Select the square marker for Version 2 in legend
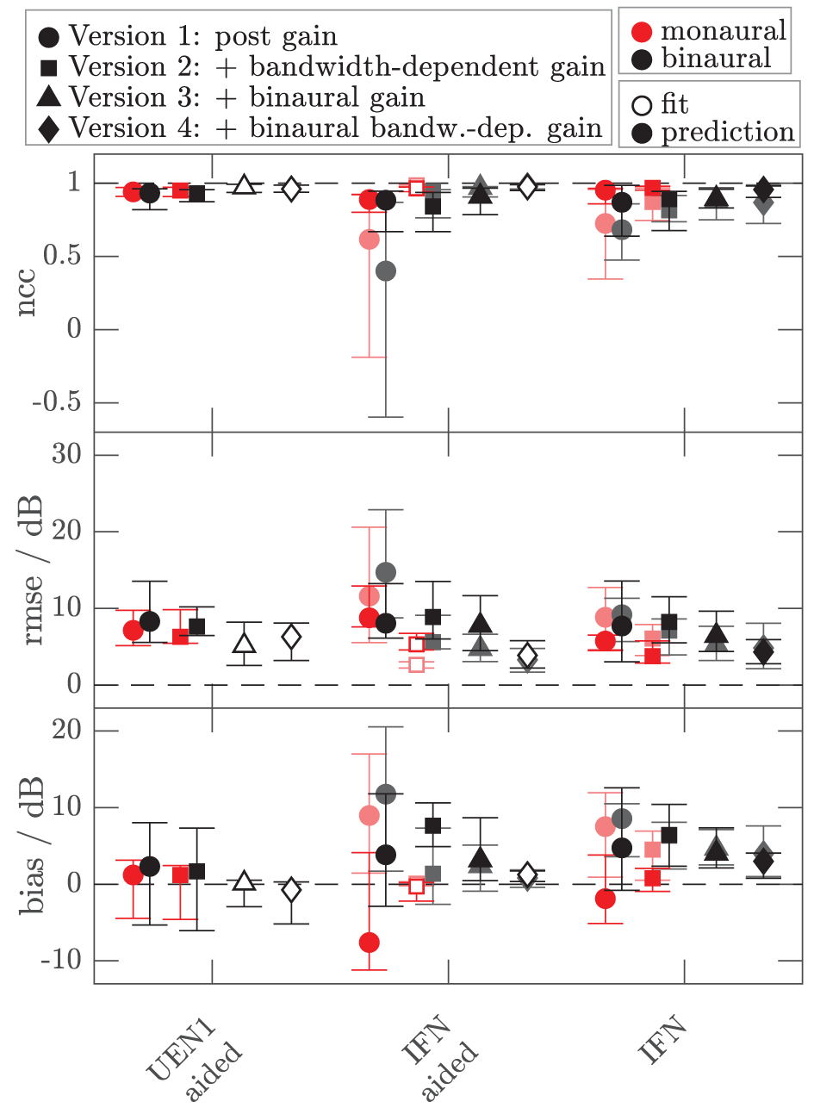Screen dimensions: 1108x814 coord(49,67)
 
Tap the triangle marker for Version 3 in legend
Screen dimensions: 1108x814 coord(49,97)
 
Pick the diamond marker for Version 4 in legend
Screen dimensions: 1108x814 coord(49,128)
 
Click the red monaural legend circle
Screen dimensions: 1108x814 coord(643,32)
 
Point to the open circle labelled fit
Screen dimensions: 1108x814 coord(643,105)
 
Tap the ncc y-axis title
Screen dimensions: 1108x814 coord(27,294)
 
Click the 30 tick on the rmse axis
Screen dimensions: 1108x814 coord(66,455)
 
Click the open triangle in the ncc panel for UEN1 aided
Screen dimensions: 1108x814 coord(244,185)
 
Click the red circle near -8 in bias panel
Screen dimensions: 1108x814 coord(370,943)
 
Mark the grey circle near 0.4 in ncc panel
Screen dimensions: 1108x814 coord(386,271)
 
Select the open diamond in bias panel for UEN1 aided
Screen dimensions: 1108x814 coord(291,890)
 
